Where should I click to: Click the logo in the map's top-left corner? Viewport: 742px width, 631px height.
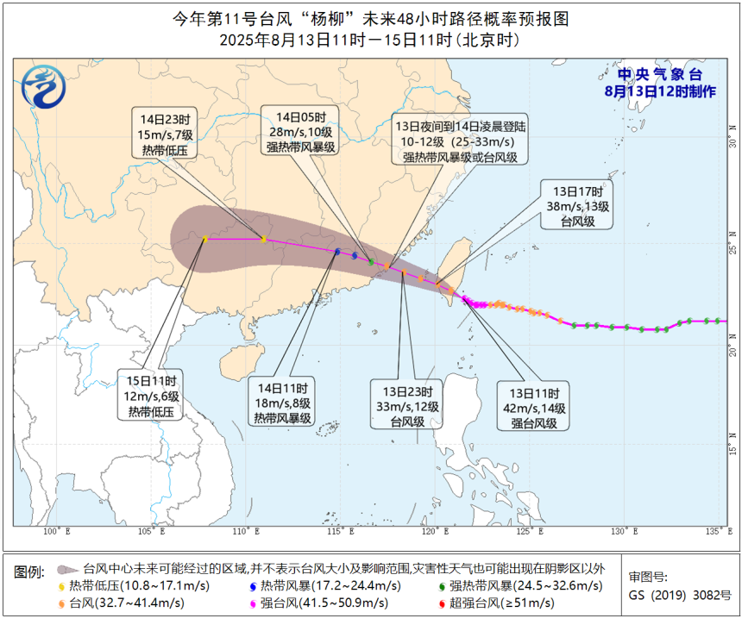[x=39, y=89]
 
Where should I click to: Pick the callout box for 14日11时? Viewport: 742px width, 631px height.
[x=283, y=403]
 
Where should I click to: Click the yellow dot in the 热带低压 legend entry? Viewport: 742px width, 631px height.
[x=62, y=586]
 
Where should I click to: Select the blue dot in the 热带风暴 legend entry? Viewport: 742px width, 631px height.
[x=253, y=586]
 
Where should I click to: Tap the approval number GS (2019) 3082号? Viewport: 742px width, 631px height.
[x=679, y=596]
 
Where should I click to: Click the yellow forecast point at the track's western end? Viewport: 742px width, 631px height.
[x=204, y=239]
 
